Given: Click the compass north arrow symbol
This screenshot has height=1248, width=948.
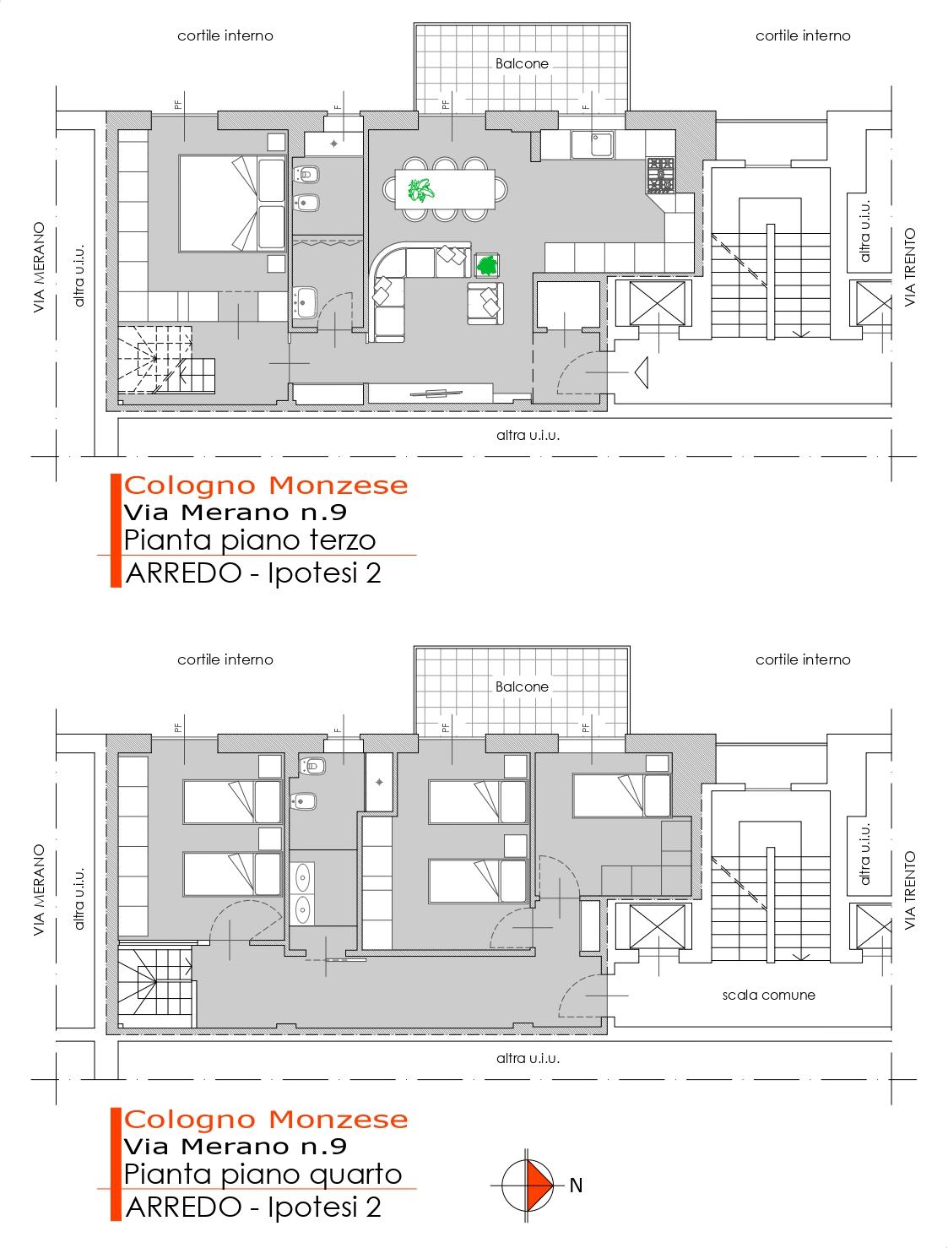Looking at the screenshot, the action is (528, 1186).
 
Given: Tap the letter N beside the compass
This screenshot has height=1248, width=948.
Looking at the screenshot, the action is (576, 1186).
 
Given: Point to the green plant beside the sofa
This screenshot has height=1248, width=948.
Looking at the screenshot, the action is (487, 265).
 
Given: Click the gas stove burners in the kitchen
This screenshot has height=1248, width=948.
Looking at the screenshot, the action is (660, 175).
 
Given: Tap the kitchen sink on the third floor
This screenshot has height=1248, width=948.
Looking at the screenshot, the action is (593, 144).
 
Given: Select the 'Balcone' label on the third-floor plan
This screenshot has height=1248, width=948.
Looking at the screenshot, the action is (522, 63).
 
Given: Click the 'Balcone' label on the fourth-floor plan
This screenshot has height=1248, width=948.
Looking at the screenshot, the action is (522, 686).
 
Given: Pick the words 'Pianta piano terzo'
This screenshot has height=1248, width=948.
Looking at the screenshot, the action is (250, 540).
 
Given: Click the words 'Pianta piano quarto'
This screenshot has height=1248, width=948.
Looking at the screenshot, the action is (263, 1174).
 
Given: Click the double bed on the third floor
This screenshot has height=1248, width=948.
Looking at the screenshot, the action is (232, 203).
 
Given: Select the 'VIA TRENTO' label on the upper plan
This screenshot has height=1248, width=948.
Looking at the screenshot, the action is (910, 267).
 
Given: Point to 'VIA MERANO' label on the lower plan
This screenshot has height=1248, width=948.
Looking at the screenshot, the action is (39, 890).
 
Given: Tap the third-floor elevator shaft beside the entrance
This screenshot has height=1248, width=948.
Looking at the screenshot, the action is (657, 303).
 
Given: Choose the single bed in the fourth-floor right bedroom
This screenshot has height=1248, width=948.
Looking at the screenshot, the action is (622, 795).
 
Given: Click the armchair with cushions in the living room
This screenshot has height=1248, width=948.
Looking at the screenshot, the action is (485, 303).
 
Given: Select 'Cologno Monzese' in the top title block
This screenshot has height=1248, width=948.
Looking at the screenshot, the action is (266, 485).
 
